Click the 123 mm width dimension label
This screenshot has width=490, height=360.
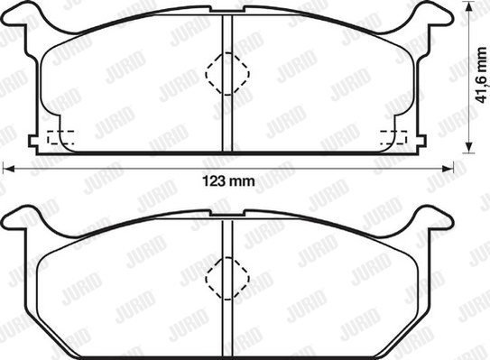pos(228,181)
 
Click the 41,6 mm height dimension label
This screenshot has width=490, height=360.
pos(482,75)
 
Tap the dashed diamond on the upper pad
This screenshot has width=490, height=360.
pos(227,74)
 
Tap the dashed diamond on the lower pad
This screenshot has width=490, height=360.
pos(227,279)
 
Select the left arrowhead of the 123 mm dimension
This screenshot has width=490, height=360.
pos(8,169)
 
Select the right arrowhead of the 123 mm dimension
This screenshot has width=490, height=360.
pos(448,169)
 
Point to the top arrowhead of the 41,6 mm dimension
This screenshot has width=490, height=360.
pos(467,7)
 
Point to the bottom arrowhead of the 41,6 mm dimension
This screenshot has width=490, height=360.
pos(467,147)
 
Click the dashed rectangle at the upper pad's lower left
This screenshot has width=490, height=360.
pos(60,137)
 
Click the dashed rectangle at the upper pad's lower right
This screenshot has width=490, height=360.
pos(393,137)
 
